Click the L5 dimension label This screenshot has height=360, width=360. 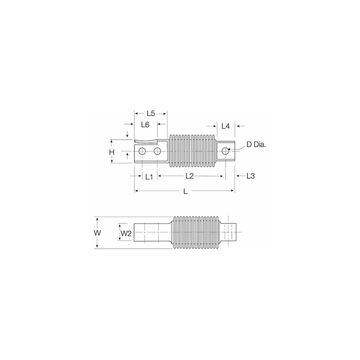[151, 114]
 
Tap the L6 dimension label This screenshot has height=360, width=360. [145, 125]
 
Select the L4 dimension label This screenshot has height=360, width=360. [226, 126]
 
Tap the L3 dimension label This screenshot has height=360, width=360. [251, 176]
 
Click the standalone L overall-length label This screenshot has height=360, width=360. [185, 192]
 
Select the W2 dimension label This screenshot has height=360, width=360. [126, 233]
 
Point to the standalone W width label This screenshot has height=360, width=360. [96, 233]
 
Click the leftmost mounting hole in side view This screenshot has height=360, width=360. [142, 151]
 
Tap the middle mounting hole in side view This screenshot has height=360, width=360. [157, 151]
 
